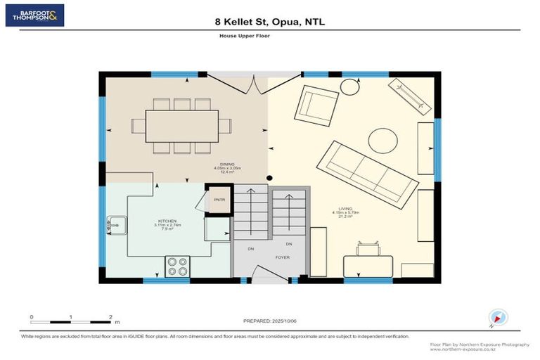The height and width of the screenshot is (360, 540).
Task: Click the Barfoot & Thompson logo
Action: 34,15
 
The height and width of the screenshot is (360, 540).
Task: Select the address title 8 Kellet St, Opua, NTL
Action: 270,22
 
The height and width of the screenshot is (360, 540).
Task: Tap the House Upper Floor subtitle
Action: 270,35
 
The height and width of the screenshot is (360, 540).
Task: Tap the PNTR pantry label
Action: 218,199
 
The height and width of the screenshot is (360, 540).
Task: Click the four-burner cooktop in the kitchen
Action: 177,267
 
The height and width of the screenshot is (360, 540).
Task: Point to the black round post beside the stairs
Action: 270,178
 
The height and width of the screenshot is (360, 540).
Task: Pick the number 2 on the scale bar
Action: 110,316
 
